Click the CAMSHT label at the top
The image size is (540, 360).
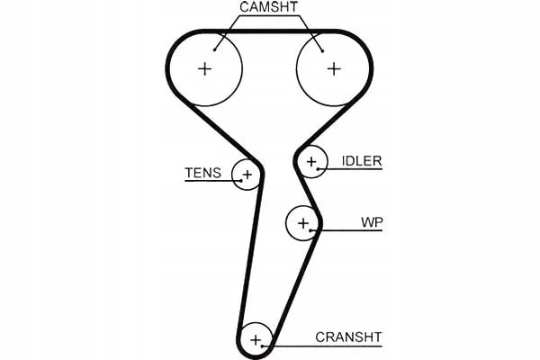tap(268, 7)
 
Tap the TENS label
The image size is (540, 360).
tap(202, 173)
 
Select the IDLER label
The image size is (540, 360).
tap(362, 161)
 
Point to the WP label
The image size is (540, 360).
tap(372, 222)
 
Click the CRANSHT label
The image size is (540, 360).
tap(348, 337)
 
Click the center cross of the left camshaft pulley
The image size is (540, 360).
tap(205, 69)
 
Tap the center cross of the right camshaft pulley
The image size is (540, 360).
tap(334, 69)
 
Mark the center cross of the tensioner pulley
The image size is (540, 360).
tap(247, 175)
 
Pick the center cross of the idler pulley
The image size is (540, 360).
tap(311, 161)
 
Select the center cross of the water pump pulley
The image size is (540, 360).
tap(303, 223)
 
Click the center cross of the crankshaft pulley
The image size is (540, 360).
tap(256, 340)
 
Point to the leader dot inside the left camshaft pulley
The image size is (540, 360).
tap(214, 50)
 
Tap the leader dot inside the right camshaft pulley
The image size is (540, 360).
tap(323, 51)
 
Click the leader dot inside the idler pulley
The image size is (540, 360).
tap(319, 169)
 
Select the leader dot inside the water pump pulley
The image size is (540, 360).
tap(310, 230)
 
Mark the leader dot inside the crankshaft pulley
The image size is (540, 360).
tap(263, 346)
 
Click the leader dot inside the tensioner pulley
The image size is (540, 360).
tap(242, 181)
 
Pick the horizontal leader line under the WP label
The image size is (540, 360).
tap(346, 230)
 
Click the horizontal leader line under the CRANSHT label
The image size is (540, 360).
tap(322, 346)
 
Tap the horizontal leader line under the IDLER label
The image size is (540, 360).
tap(350, 169)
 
